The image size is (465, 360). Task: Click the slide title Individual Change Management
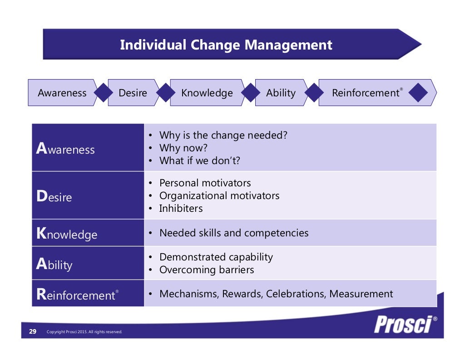point(226,45)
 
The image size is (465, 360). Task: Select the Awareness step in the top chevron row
point(62,93)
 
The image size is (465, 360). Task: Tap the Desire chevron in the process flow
point(133,93)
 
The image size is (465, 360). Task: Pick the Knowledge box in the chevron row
point(207,93)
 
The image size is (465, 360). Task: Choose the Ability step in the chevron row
point(281,93)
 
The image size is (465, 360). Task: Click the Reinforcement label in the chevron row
point(366,93)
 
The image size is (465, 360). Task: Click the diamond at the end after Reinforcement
point(418,93)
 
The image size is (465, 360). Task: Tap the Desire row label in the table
point(54,197)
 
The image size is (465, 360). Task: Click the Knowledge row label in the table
point(67,234)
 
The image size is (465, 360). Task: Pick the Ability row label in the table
point(54,265)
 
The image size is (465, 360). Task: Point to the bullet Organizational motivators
point(219,196)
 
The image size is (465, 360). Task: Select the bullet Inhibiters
point(181,209)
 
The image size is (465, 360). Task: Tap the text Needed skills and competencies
point(234,233)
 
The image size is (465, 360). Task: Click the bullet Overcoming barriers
point(207,270)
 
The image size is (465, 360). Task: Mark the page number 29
point(33,332)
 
